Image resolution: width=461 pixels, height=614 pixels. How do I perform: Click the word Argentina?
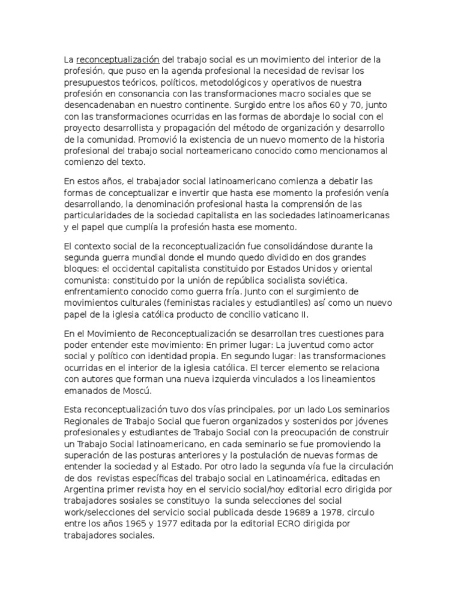pyautogui.click(x=85, y=490)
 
